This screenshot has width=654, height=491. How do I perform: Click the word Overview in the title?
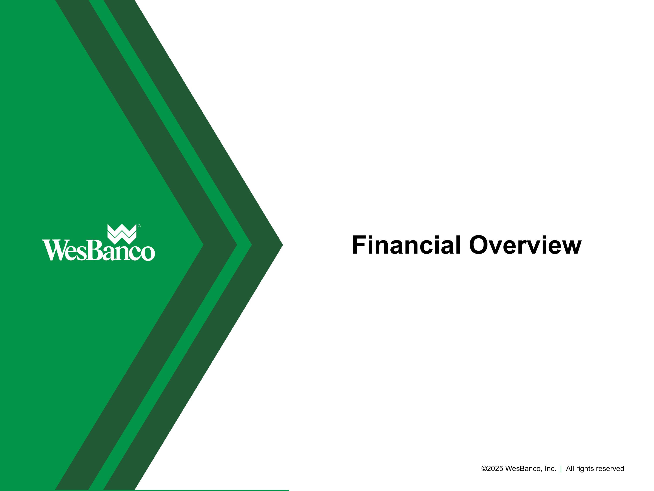[525, 245]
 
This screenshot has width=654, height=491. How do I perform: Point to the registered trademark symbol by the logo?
[139, 226]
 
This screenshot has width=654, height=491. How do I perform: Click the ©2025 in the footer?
[492, 469]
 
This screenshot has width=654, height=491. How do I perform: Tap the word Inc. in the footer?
[550, 469]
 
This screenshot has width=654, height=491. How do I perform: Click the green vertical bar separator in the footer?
[561, 469]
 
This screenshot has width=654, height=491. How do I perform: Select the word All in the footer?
[570, 469]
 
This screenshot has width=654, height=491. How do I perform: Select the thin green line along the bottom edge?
[207, 490]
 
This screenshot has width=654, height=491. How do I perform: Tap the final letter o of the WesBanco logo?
[148, 253]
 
